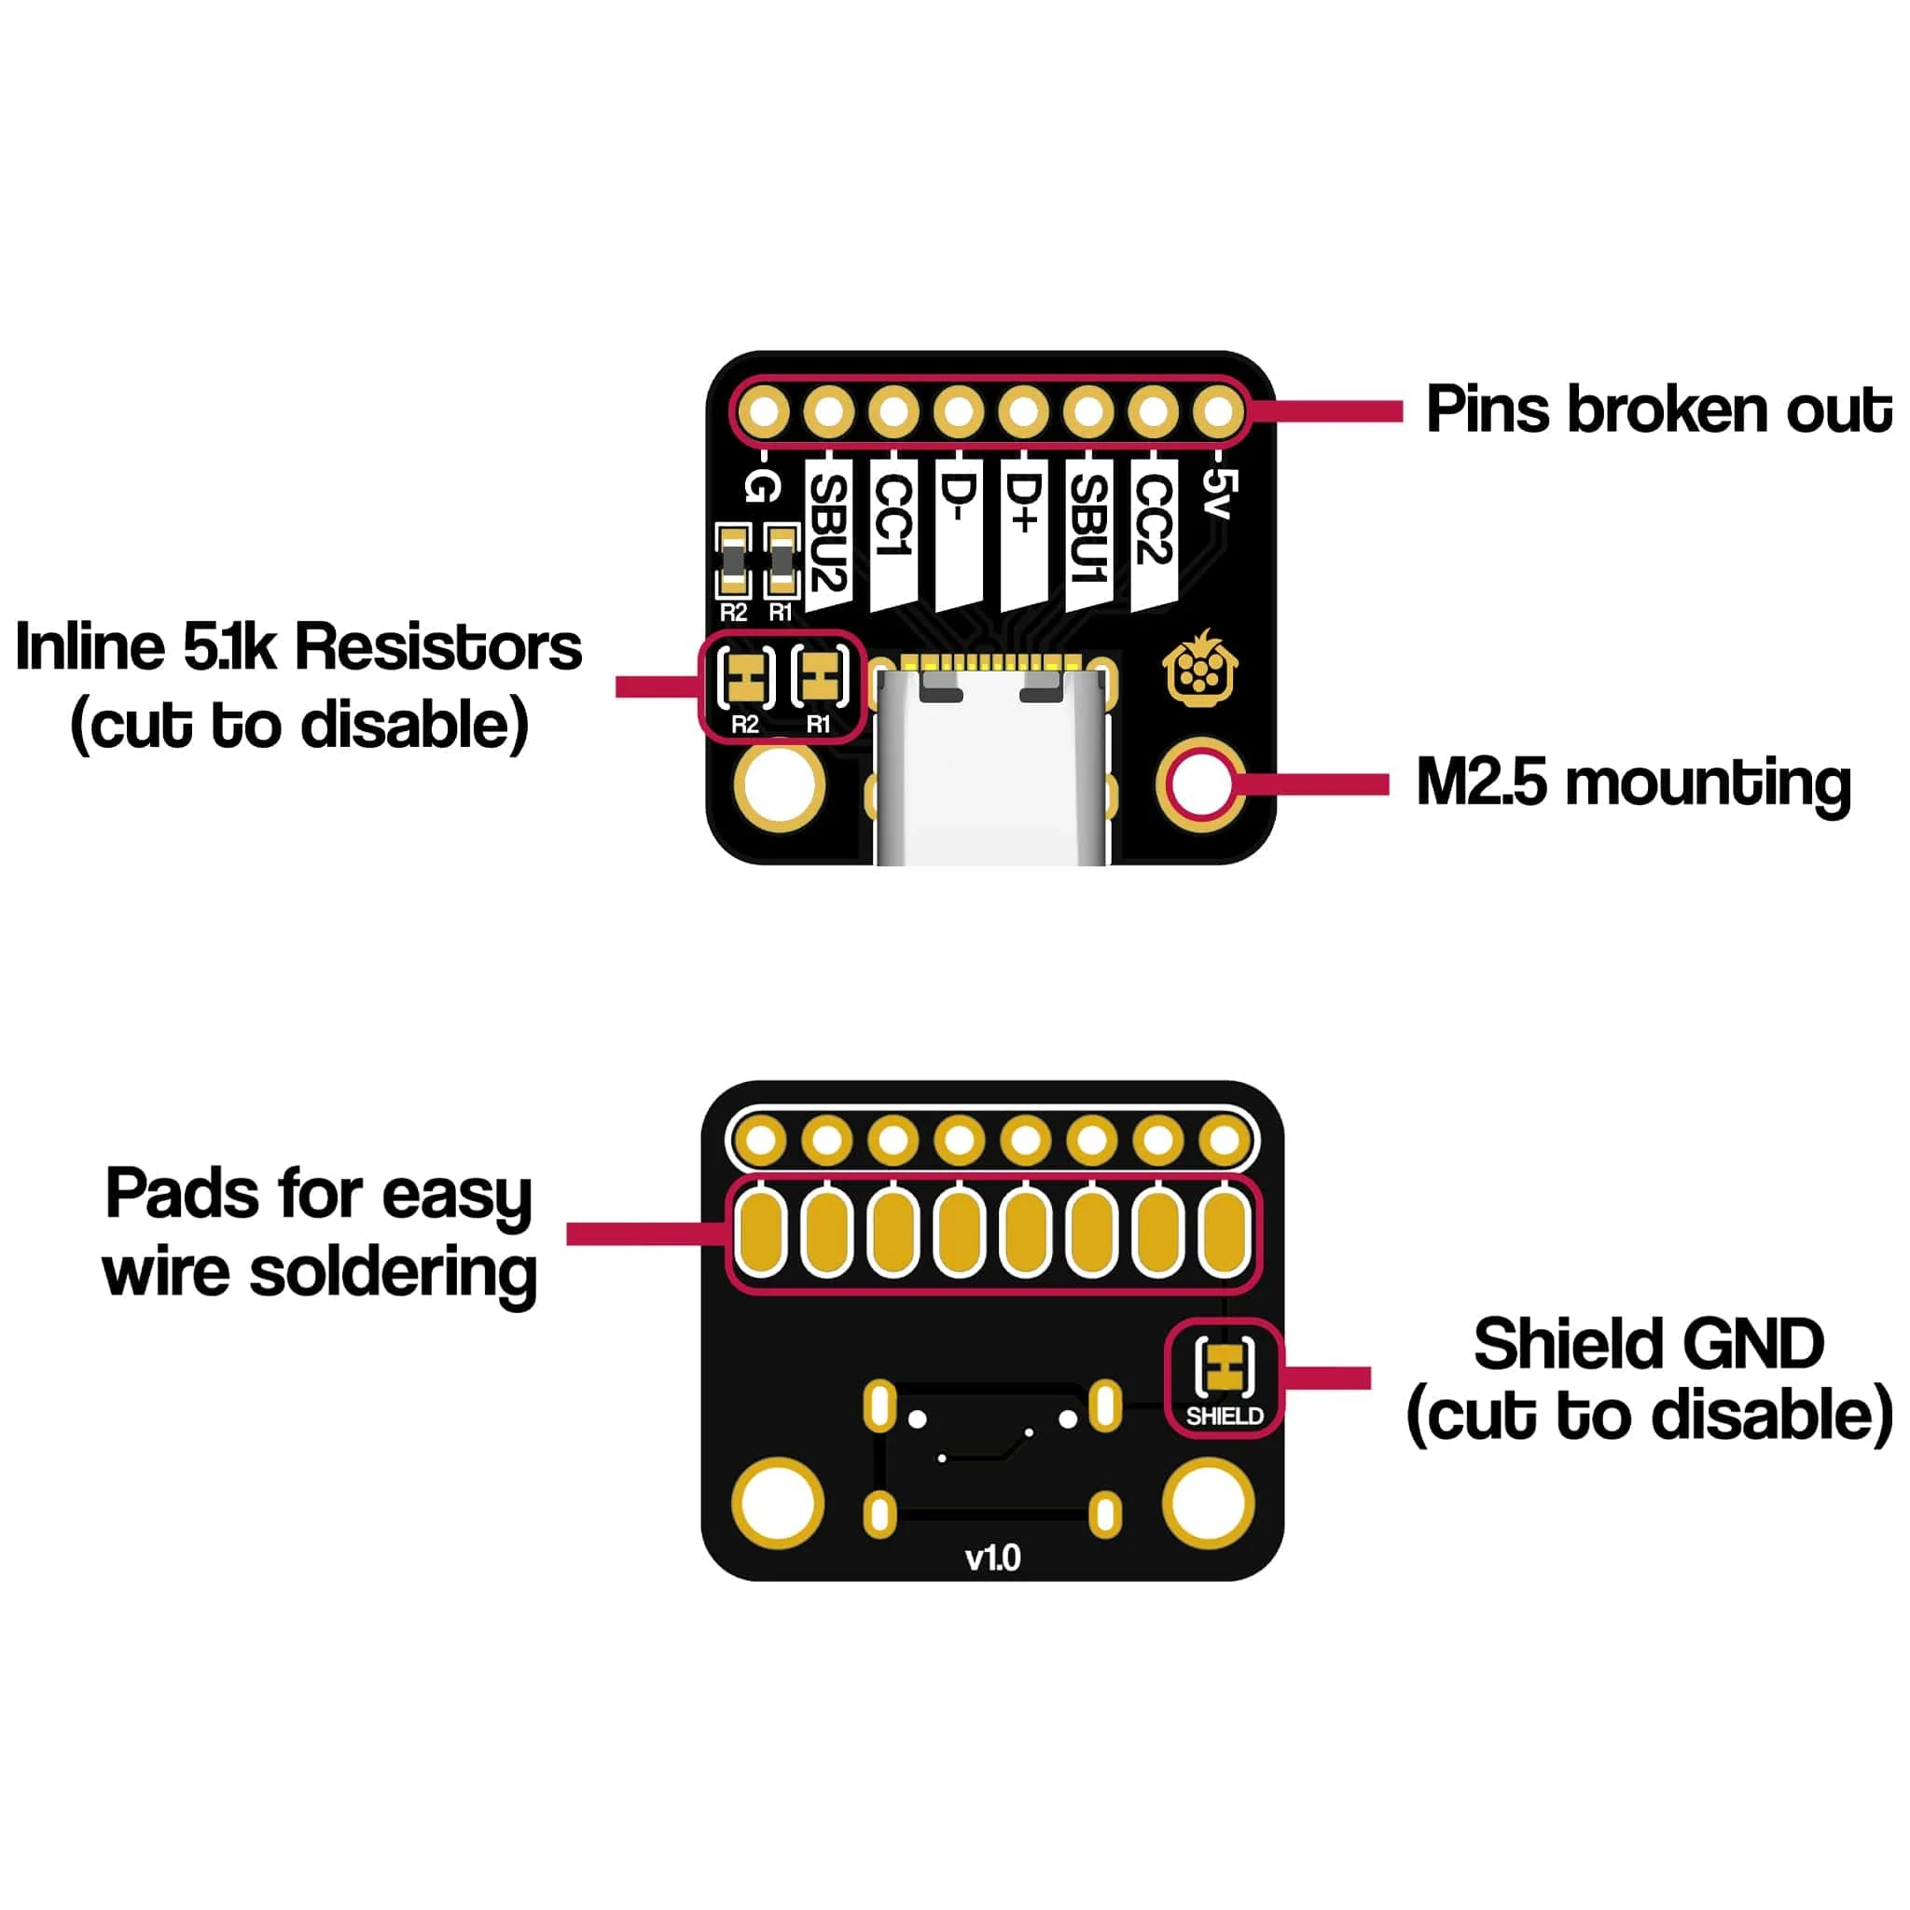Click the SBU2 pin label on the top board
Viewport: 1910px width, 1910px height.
click(828, 533)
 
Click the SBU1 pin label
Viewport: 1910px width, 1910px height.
click(1089, 529)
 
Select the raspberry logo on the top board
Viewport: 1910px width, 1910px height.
click(1200, 671)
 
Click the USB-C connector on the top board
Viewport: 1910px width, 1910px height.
click(991, 771)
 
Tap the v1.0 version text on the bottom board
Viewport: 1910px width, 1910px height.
click(992, 1559)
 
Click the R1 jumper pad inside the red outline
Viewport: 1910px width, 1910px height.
click(820, 678)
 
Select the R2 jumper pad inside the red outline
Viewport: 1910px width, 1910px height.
click(746, 678)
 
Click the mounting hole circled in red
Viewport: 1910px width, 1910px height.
click(1200, 784)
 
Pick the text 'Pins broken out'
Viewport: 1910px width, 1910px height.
click(1657, 410)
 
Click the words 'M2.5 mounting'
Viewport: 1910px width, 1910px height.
click(1632, 784)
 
